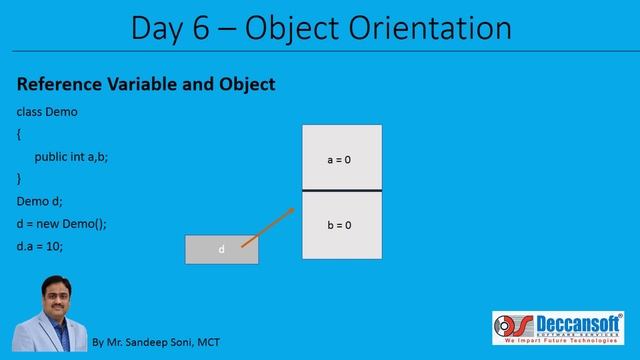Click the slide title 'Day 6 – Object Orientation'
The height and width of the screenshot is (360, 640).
[x=319, y=27]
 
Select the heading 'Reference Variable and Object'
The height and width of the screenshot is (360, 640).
[x=146, y=85]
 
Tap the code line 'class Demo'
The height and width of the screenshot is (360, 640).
[x=47, y=112]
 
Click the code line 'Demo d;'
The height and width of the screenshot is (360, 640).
[x=40, y=201]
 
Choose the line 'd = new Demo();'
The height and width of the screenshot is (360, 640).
[x=62, y=223]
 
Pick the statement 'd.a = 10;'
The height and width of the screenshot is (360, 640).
[x=40, y=245]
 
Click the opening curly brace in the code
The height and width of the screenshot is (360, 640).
[x=19, y=134]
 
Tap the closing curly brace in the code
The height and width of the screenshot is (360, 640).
[x=19, y=178]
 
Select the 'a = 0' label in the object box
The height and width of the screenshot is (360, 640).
[x=340, y=159]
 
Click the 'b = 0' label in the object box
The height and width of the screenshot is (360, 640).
[x=340, y=225]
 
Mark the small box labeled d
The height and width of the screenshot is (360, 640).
[x=221, y=249]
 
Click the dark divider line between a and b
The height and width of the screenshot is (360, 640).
[x=342, y=190]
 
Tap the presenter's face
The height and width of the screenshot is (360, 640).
[x=51, y=297]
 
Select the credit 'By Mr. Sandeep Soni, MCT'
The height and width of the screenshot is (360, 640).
[x=155, y=342]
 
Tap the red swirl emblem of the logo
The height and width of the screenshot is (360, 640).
[x=510, y=327]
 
